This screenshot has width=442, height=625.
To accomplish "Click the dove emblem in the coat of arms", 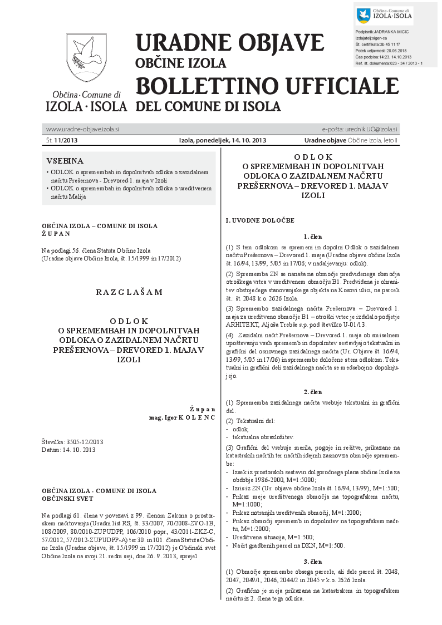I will click(x=86, y=52).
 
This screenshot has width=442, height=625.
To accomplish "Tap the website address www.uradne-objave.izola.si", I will click(x=82, y=129).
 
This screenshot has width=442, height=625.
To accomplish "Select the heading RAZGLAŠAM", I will click(x=129, y=292).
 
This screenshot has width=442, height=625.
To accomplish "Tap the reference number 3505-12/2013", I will click(x=84, y=442).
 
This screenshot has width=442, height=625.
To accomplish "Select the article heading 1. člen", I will click(x=313, y=237).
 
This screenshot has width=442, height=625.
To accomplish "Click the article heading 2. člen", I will click(x=313, y=392).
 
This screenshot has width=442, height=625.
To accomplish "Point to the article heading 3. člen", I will click(x=313, y=562).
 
